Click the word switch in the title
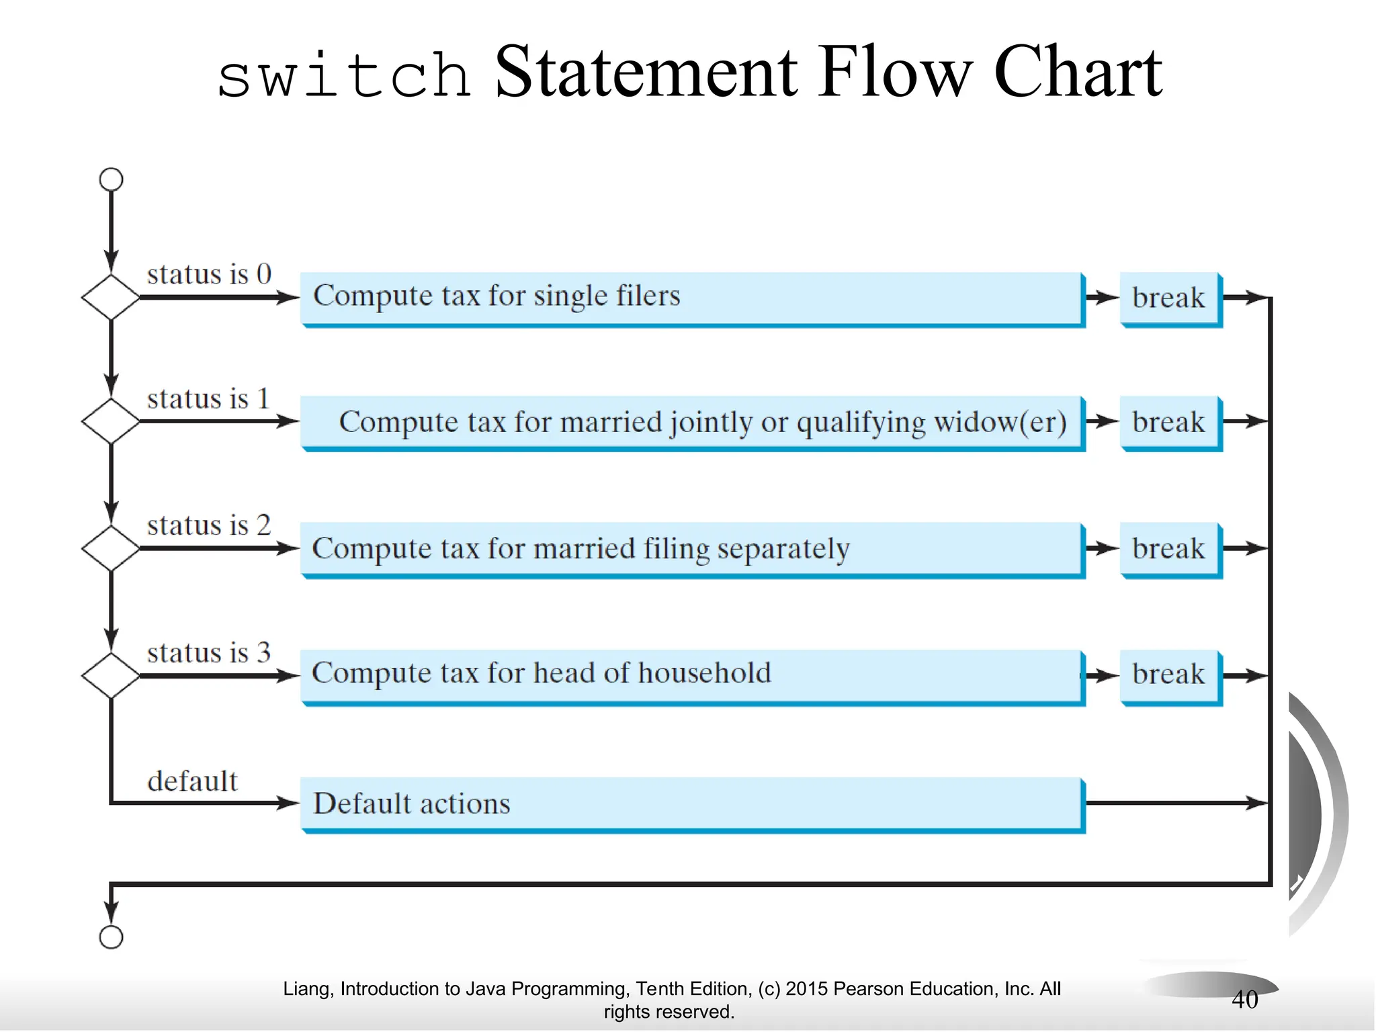[343, 75]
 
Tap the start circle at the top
[111, 179]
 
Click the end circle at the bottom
[111, 937]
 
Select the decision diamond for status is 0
[111, 297]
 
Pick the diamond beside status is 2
[111, 548]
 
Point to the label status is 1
[208, 398]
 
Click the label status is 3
[208, 652]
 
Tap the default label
[192, 781]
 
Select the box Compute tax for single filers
[692, 298]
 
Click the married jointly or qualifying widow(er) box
[692, 423]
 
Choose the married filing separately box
[692, 549]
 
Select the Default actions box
[692, 804]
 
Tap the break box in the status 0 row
[1170, 298]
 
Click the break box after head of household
[1170, 675]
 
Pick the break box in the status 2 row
[1170, 550]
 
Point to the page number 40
[1244, 1000]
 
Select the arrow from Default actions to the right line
[1176, 802]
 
